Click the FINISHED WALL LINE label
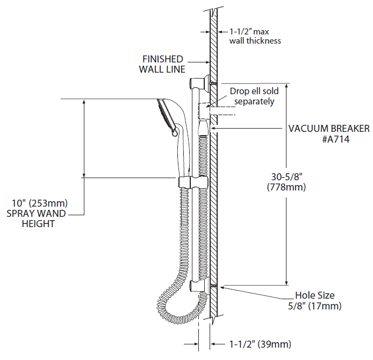[x=162, y=64]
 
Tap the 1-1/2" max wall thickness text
[x=255, y=36]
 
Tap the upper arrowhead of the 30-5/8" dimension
[x=286, y=87]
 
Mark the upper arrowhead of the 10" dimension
[x=84, y=102]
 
